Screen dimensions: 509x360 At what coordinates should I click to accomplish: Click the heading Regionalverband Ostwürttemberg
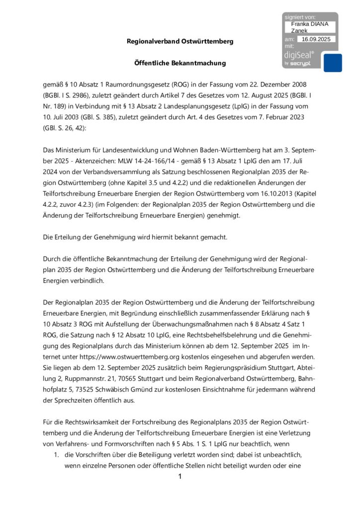tap(180, 41)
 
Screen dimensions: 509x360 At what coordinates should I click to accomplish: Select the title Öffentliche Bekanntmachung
tap(180, 63)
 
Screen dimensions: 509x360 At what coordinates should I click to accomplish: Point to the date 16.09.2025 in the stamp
tap(316, 39)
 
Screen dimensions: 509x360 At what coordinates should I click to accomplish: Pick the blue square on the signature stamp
tap(333, 63)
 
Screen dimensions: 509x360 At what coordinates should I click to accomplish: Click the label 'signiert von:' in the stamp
tap(300, 17)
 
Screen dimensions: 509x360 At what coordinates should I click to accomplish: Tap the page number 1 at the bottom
tap(180, 477)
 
